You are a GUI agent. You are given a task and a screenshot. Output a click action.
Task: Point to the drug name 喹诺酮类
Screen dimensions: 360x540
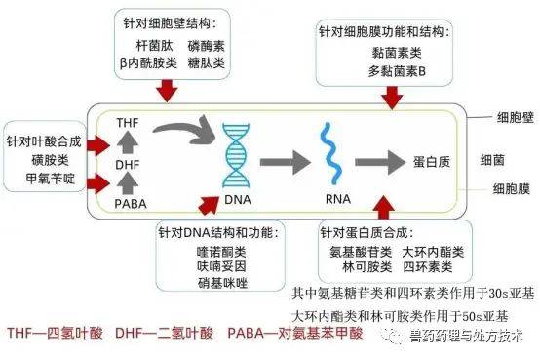click(215, 251)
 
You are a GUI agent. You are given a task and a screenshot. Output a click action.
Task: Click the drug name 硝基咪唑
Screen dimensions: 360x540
click(215, 283)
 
